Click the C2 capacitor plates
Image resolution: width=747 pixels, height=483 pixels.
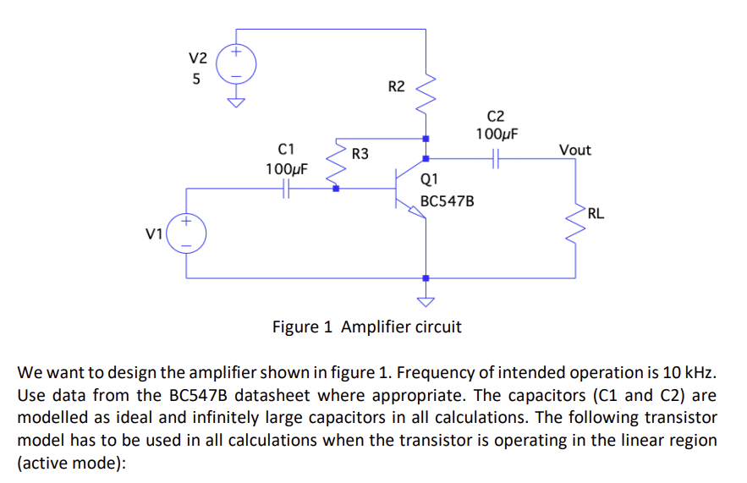[x=496, y=157]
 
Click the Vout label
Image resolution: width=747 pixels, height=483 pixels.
[x=575, y=150]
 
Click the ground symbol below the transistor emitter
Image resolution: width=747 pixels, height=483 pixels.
[x=426, y=299]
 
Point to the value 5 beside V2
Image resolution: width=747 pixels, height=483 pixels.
[x=196, y=81]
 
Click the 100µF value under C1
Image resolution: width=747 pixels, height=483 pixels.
[x=287, y=168]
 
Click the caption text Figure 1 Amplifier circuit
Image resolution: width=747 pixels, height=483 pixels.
[x=366, y=327]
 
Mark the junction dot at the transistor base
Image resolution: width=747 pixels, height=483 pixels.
[x=336, y=189]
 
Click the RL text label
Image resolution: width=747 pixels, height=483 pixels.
[x=596, y=213]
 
